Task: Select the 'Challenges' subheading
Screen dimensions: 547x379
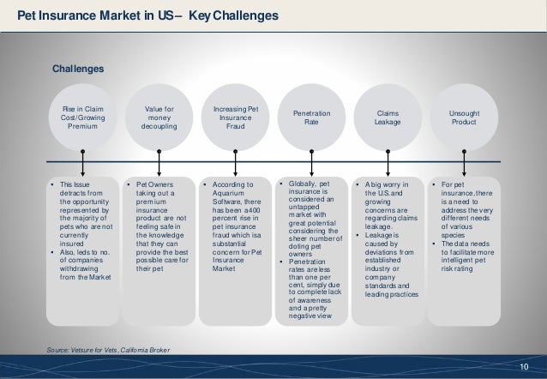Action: pos(79,68)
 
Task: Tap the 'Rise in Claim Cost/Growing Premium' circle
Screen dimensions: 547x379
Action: pos(83,117)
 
